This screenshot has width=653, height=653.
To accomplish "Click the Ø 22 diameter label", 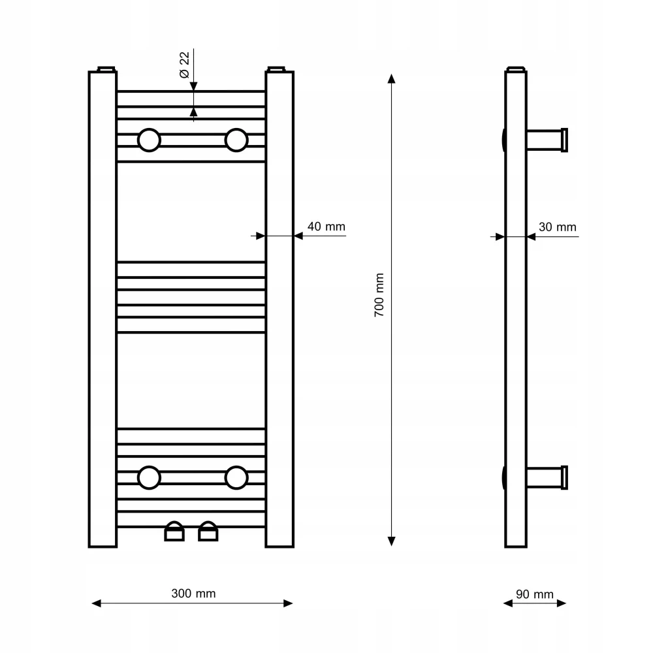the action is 184,65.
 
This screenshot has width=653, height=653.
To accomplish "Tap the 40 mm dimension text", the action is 326,227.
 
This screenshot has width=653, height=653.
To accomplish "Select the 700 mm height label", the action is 379,295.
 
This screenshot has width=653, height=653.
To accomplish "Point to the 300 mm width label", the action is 193,594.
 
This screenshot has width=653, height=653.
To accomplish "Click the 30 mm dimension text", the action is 558,227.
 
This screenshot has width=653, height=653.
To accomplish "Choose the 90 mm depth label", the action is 535,594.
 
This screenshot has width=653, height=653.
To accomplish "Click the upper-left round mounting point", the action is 149,140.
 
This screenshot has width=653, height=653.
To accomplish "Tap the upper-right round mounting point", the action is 236,140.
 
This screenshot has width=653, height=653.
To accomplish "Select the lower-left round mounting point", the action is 149,478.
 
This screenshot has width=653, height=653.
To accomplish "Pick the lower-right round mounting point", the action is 236,478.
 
